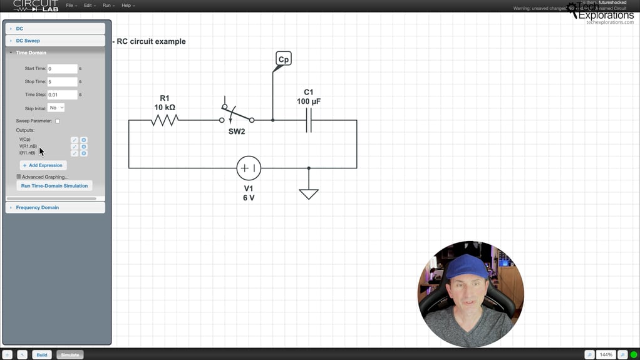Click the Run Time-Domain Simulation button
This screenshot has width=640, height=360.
click(x=54, y=186)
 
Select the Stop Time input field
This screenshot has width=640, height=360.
click(x=62, y=81)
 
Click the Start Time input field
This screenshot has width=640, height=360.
click(x=62, y=68)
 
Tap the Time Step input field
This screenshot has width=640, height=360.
click(x=62, y=95)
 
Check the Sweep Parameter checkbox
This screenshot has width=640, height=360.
click(x=58, y=121)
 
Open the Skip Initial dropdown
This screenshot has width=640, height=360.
click(x=56, y=108)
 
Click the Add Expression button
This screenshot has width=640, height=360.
click(x=43, y=165)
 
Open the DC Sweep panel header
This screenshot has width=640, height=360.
click(x=28, y=41)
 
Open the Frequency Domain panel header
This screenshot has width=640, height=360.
click(x=38, y=207)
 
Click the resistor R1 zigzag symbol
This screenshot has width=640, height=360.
click(x=165, y=120)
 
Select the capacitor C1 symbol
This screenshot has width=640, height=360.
click(x=309, y=120)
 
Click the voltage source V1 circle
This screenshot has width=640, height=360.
click(x=249, y=168)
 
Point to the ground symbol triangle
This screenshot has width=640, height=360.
click(x=309, y=193)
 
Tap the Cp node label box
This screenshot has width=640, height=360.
click(x=284, y=59)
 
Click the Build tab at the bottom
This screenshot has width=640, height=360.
click(x=41, y=354)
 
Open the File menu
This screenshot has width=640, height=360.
click(x=71, y=6)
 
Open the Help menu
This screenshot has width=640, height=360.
click(x=127, y=6)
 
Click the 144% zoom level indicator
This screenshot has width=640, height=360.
click(x=606, y=354)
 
